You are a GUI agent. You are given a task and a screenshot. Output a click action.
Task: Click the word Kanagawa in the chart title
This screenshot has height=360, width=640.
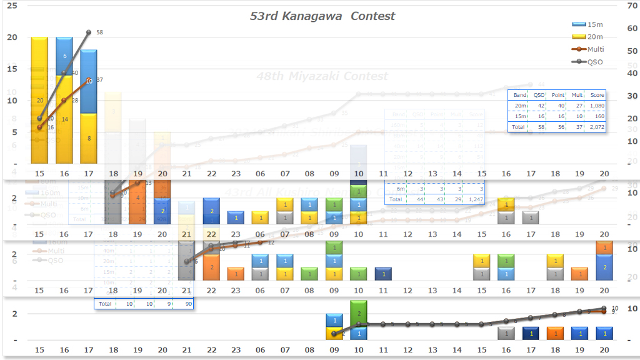(x=314, y=16)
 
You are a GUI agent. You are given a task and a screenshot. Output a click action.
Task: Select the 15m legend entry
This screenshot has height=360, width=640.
(x=594, y=24)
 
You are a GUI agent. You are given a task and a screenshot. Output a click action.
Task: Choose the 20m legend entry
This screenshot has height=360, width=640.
(x=594, y=37)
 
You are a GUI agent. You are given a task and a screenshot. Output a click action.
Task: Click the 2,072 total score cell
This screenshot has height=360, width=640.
(x=596, y=126)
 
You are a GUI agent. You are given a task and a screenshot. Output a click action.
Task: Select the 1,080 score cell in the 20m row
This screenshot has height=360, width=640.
(x=596, y=106)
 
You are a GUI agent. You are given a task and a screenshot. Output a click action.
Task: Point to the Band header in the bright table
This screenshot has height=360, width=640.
(x=519, y=95)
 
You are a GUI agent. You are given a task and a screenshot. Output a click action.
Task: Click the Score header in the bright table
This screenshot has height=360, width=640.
(x=596, y=95)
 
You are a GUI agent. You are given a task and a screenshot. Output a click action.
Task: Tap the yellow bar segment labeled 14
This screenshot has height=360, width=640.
(x=64, y=119)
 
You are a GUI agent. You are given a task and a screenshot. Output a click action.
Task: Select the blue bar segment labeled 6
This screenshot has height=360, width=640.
(x=64, y=56)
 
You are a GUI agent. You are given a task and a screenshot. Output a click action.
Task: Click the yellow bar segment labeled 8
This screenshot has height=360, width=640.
(x=89, y=138)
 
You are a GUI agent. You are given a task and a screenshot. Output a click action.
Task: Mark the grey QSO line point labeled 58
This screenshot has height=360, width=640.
(x=89, y=32)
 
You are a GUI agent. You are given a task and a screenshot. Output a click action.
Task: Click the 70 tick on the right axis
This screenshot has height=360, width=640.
(x=632, y=6)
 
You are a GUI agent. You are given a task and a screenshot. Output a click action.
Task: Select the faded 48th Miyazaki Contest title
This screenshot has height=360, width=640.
(x=322, y=76)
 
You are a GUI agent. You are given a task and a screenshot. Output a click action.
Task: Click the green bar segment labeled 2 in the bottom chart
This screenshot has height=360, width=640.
(x=358, y=310)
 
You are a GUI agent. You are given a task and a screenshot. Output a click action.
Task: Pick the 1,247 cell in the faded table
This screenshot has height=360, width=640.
(x=476, y=199)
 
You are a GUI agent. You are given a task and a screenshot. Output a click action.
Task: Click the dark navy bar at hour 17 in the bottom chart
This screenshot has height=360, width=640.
(x=530, y=333)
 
